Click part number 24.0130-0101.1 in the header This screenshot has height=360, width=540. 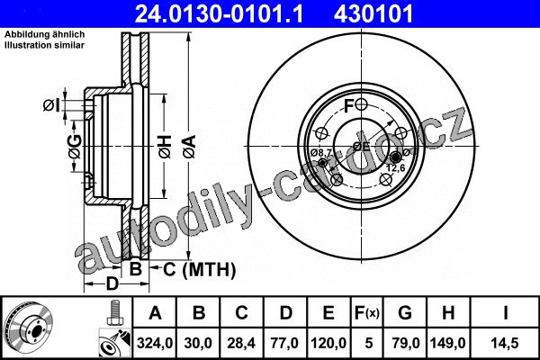(220, 13)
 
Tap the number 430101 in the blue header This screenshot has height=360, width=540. (373, 13)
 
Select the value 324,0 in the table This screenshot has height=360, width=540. (155, 343)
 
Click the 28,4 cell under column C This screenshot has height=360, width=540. (241, 343)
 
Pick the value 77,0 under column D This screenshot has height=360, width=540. (284, 343)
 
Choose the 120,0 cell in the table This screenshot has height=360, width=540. (328, 343)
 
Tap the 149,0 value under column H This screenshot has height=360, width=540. (447, 343)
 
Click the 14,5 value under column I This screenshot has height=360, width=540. (505, 343)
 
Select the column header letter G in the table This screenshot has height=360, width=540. (405, 313)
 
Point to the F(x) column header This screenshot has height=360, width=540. (367, 313)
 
